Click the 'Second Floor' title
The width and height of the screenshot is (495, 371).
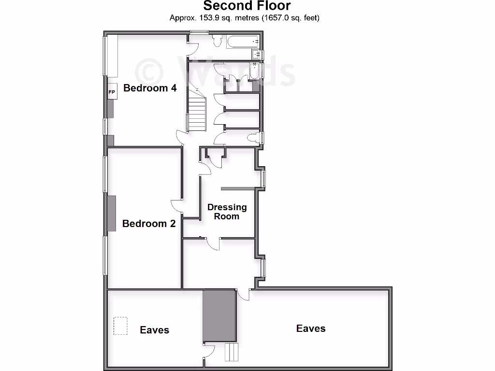click(x=247, y=6)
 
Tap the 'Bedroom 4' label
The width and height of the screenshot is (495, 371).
click(x=150, y=88)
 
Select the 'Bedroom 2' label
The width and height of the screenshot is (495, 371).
click(x=149, y=224)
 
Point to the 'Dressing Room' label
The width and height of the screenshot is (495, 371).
click(x=227, y=212)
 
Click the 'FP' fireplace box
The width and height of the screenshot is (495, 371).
click(x=112, y=92)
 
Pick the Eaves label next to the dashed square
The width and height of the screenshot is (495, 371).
click(x=155, y=330)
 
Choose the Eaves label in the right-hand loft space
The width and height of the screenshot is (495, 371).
click(x=311, y=328)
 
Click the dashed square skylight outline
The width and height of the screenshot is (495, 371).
click(x=120, y=326)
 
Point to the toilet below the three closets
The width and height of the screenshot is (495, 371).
click(x=252, y=138)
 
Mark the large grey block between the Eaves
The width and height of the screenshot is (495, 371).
click(x=219, y=316)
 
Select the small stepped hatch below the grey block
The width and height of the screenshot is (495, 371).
click(x=232, y=352)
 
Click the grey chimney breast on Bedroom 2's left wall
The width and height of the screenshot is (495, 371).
click(x=111, y=214)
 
